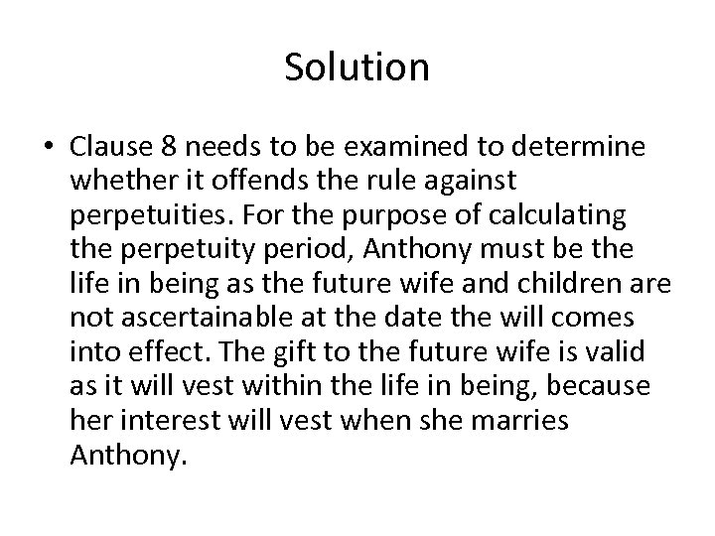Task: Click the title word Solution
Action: (x=357, y=67)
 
